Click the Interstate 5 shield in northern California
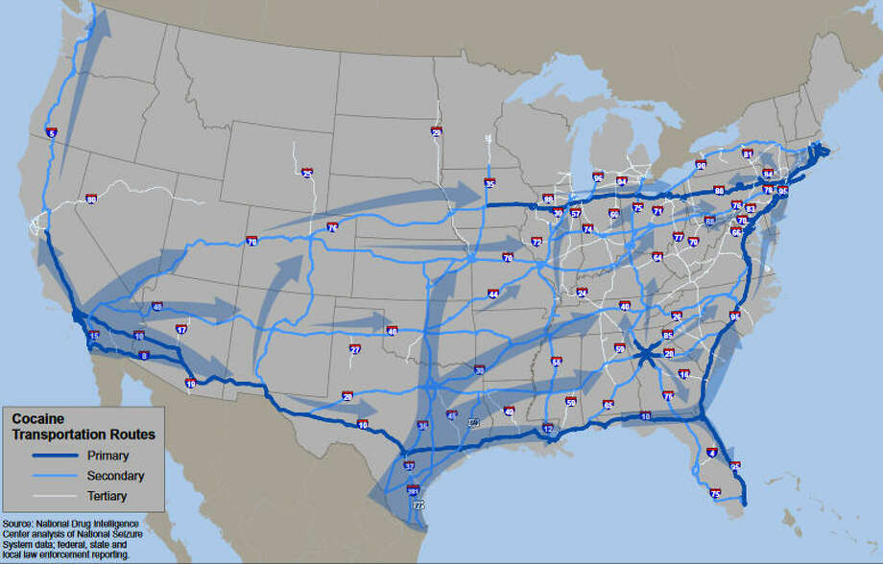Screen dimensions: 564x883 [x=51, y=133]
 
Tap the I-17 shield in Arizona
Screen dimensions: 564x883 [x=181, y=330]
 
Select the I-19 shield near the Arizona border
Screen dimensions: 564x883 [x=190, y=384]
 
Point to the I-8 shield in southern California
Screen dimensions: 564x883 [x=145, y=355]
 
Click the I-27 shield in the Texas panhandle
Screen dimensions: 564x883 [x=354, y=349]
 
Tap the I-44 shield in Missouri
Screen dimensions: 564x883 [x=493, y=294]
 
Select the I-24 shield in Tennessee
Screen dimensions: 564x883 [x=581, y=293]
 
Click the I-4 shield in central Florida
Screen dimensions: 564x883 [x=711, y=452]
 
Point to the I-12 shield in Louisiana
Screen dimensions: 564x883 [x=548, y=429]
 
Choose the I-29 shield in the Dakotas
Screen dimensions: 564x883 [x=437, y=132]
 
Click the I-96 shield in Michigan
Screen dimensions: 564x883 [x=598, y=177]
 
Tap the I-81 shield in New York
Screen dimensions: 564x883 [x=748, y=153]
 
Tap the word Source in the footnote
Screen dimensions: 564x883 [x=19, y=522]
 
